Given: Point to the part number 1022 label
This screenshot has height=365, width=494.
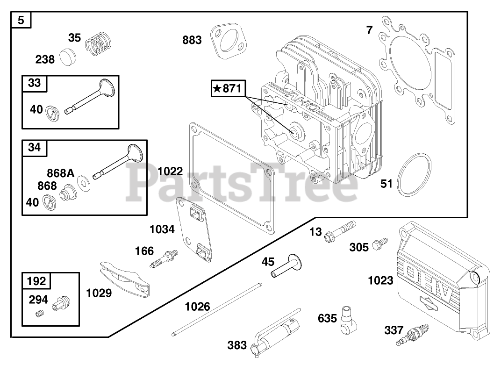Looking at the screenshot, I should click(171, 171).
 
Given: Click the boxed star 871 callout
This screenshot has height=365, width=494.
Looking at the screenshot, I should click(228, 88).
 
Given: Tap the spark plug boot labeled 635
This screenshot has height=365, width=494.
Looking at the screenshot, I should click(347, 317).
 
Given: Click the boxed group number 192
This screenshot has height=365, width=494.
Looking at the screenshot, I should click(36, 281).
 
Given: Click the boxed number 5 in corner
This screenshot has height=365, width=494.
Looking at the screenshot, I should click(21, 20).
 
